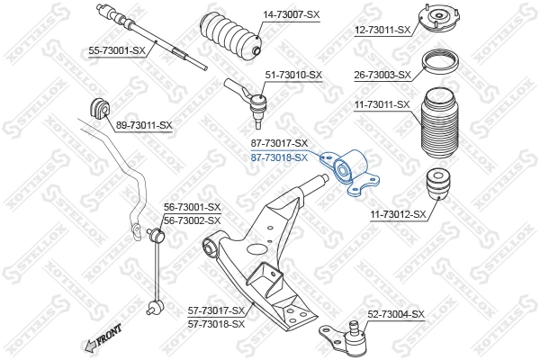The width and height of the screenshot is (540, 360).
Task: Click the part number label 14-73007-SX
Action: click(x=291, y=15)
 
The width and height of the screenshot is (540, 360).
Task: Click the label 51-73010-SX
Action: click(x=292, y=75)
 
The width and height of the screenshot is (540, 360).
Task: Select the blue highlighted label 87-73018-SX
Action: click(x=278, y=157)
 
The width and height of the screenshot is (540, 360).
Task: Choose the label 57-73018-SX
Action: click(x=216, y=323)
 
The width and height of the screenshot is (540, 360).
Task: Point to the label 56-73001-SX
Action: click(x=192, y=208)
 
